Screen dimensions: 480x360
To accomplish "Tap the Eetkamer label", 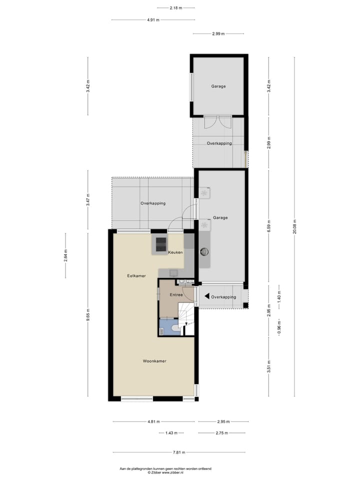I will [x=136, y=275].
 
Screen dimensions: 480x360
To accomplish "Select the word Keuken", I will [x=175, y=252].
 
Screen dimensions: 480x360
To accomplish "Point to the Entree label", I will [x=176, y=295].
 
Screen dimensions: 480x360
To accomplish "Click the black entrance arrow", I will [x=207, y=296].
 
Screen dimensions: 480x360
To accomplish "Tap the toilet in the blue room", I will [x=172, y=328].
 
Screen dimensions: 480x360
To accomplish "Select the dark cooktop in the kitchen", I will [x=160, y=244].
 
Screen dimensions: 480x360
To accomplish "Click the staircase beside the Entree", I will [x=186, y=316].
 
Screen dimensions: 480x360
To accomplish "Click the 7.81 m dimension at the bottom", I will [x=179, y=452].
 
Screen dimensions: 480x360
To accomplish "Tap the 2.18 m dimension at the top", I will [x=175, y=7].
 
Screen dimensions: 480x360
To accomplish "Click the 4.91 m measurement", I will [x=153, y=20].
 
